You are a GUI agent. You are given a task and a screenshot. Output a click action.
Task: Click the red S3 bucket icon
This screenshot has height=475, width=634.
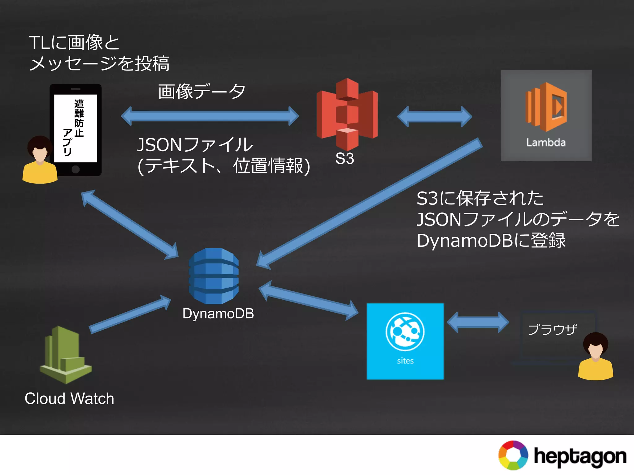tap(347, 114)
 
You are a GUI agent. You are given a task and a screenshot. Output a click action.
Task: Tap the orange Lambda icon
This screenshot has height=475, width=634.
tap(546, 107)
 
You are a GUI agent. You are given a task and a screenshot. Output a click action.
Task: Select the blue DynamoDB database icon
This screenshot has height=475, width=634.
tap(214, 276)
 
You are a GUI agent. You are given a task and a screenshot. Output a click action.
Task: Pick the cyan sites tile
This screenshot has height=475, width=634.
tap(405, 341)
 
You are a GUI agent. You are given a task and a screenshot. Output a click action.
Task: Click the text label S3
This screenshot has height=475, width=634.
tap(345, 159)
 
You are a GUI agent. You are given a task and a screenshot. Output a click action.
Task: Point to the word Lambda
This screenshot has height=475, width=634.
tap(546, 143)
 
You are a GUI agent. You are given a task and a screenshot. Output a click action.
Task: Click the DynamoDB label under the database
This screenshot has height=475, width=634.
tap(218, 314)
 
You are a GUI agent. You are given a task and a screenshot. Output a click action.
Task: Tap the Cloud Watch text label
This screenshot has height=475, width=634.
tap(69, 398)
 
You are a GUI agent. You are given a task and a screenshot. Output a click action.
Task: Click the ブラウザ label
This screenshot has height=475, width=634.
tap(552, 330)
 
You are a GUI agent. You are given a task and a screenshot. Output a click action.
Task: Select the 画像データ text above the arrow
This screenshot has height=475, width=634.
tap(202, 92)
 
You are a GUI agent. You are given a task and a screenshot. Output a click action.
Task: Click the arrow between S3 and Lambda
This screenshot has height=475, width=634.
tap(434, 117)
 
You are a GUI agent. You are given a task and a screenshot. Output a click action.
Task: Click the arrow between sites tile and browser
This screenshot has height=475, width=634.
tap(478, 322)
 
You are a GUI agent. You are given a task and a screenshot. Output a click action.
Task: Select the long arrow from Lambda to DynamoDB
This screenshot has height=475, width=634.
tap(368, 204)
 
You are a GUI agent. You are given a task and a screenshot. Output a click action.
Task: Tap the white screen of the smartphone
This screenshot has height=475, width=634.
tap(76, 128)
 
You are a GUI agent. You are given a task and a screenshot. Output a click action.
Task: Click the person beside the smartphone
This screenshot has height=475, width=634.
tap(40, 161)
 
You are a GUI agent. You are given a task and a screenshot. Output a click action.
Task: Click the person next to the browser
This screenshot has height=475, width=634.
tap(595, 357)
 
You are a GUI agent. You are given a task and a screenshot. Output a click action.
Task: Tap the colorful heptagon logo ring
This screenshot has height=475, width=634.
tap(513, 455)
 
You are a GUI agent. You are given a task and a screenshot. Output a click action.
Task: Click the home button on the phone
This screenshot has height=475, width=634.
tap(76, 169)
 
